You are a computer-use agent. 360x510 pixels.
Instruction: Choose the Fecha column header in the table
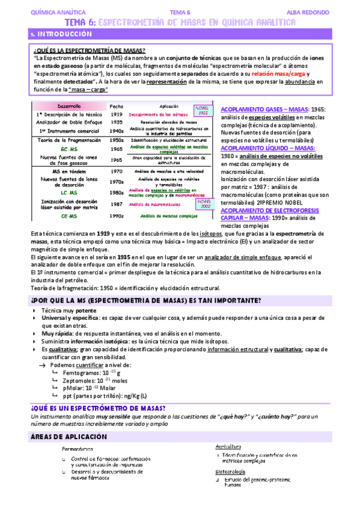pos(117,106)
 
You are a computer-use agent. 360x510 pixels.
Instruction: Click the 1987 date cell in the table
pos(117,204)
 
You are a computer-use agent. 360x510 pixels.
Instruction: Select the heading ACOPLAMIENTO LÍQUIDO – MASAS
pos(267,148)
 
